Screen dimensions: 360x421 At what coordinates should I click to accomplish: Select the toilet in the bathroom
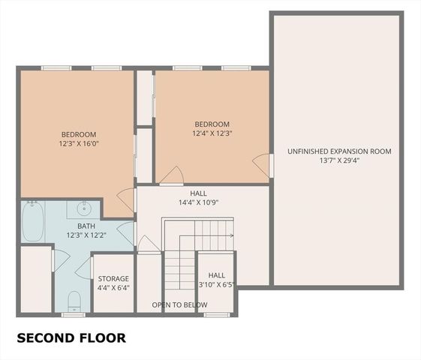(74, 301)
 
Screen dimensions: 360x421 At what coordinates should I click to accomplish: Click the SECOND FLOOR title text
(71, 337)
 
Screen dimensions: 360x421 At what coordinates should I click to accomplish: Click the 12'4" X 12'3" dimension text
(212, 134)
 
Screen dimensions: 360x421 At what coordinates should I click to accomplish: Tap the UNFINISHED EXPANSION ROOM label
(339, 151)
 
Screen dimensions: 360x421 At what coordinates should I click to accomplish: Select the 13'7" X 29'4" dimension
(339, 161)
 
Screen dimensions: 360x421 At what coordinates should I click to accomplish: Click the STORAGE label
(113, 279)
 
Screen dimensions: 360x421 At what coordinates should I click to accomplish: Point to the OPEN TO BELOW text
(179, 305)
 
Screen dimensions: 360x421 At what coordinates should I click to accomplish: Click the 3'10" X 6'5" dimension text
(217, 285)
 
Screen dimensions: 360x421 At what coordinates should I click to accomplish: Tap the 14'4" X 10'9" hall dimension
(198, 202)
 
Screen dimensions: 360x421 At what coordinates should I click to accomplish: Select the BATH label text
(86, 226)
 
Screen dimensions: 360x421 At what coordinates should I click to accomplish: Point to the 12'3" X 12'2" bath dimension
(86, 235)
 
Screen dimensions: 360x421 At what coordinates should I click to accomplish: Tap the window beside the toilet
(73, 315)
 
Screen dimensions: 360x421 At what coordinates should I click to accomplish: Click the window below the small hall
(216, 315)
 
